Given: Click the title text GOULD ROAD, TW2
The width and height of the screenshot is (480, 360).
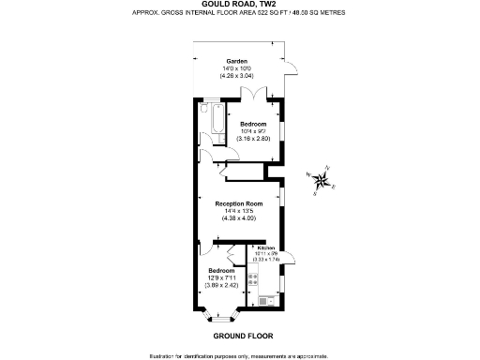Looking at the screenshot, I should [x=239, y=5].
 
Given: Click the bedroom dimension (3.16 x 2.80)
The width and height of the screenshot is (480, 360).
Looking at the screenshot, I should [x=254, y=139].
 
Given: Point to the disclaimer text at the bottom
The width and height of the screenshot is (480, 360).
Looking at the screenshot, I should [x=239, y=354].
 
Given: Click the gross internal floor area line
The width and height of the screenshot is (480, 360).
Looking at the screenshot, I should [x=239, y=14].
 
